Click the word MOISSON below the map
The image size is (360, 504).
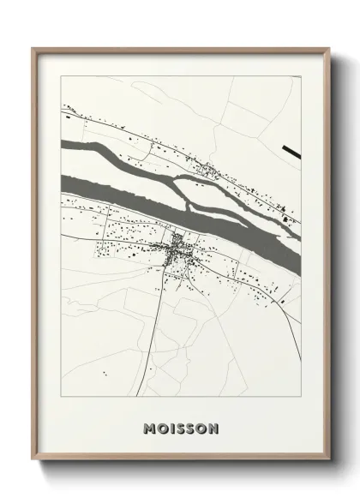[x=182, y=427]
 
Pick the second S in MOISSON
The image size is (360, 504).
[x=192, y=427]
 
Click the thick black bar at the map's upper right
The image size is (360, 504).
[x=291, y=152]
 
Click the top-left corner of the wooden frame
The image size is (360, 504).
[x=33, y=49]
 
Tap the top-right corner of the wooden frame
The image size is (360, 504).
[x=327, y=49]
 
